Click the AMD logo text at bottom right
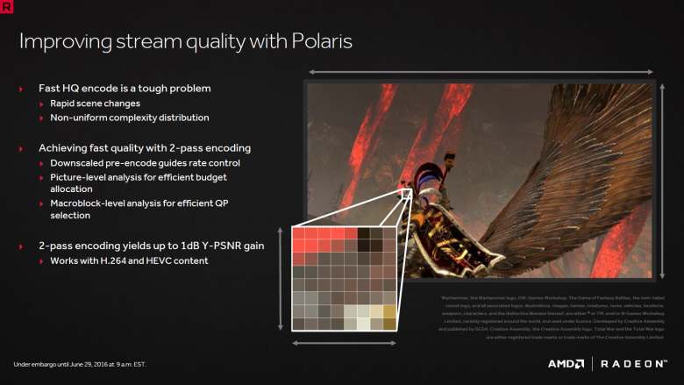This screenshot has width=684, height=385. [566, 364]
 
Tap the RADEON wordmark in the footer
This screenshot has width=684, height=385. [633, 364]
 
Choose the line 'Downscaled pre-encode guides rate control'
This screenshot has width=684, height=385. [144, 163]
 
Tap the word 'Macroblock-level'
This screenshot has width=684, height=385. [87, 203]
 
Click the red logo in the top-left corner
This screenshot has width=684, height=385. [9, 7]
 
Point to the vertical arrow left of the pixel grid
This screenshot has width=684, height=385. [280, 278]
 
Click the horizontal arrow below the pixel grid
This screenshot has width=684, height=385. [346, 343]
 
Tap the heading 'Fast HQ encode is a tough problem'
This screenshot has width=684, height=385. [125, 89]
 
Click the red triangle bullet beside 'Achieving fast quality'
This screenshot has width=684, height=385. [21, 148]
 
